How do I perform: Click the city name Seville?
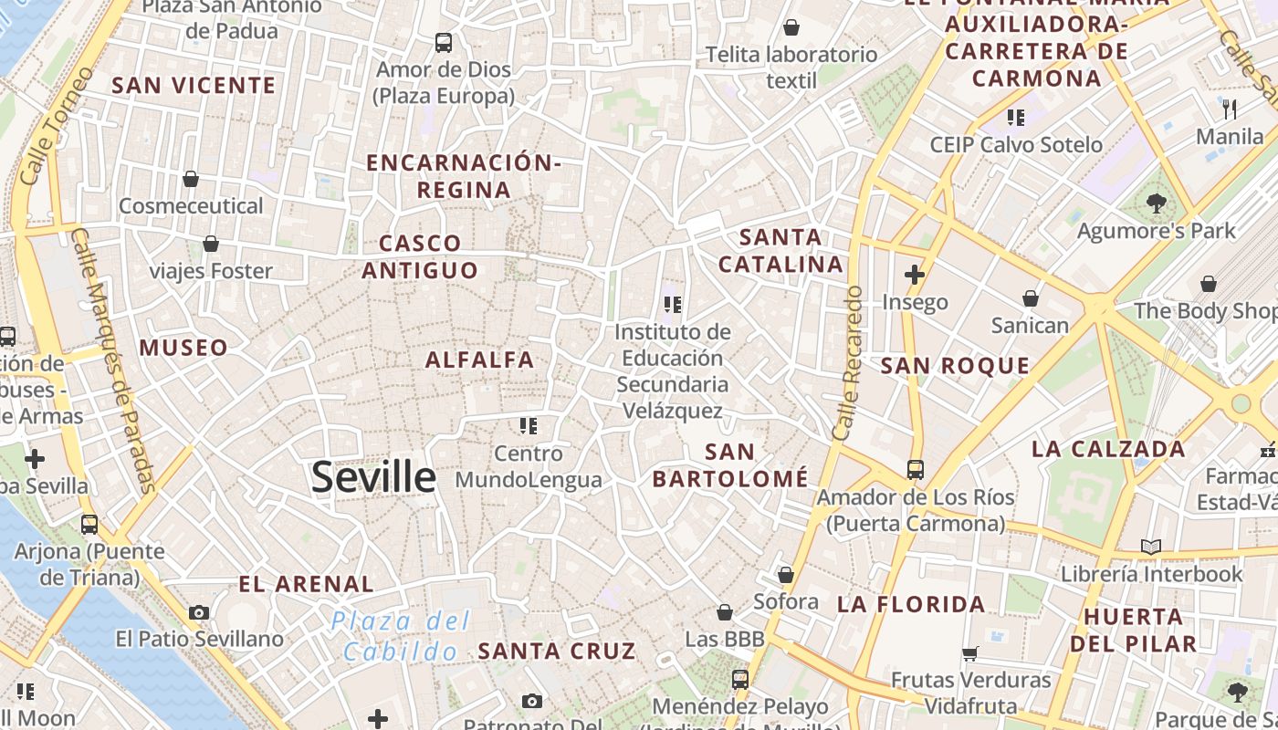pyautogui.click(x=373, y=477)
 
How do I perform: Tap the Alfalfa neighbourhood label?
pyautogui.click(x=479, y=360)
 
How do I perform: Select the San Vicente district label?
pyautogui.click(x=194, y=86)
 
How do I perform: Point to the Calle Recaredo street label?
pyautogui.click(x=849, y=363)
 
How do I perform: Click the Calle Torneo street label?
pyautogui.click(x=56, y=127)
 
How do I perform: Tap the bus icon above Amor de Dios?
pyautogui.click(x=444, y=42)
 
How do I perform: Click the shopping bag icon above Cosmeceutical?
pyautogui.click(x=191, y=179)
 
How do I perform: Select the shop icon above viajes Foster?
pyautogui.click(x=211, y=244)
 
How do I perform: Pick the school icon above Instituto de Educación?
pyautogui.click(x=673, y=305)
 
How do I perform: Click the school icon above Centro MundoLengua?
pyautogui.click(x=528, y=426)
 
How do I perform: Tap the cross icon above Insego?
pyautogui.click(x=915, y=274)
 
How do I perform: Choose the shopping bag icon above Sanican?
pyautogui.click(x=1031, y=298)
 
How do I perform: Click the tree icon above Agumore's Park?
pyautogui.click(x=1156, y=203)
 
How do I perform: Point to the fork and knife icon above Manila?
pyautogui.click(x=1230, y=109)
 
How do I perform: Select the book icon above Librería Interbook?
pyautogui.click(x=1151, y=547)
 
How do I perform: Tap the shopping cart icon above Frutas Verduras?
pyautogui.click(x=970, y=653)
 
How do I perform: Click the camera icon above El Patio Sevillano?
pyautogui.click(x=199, y=612)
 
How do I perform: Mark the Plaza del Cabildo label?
pyautogui.click(x=401, y=637)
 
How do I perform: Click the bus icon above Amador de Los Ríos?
pyautogui.click(x=916, y=470)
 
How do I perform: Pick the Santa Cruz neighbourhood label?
pyautogui.click(x=557, y=652)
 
